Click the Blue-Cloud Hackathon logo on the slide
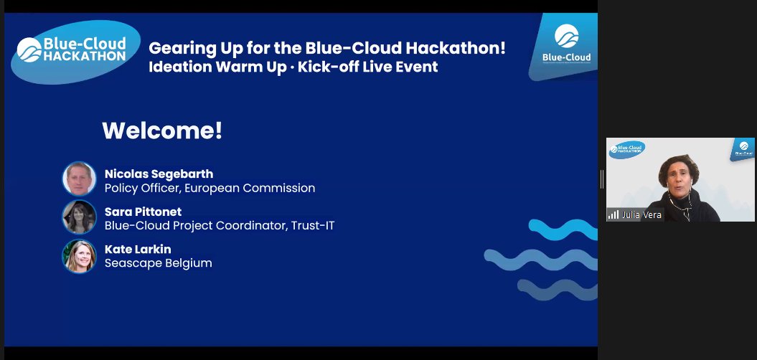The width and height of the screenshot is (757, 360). coord(75,51)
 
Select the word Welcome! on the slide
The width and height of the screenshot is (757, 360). coord(162,131)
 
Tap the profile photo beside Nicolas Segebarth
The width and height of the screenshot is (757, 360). coord(79,179)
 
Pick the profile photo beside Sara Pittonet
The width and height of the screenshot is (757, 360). coord(79,217)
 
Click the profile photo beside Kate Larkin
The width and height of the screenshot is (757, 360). coord(79,255)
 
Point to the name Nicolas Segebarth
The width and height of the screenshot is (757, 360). coord(159,174)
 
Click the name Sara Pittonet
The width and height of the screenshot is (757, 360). coord(143,212)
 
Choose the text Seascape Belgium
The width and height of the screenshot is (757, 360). coord(158,263)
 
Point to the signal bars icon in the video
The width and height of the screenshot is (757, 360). coord(613,214)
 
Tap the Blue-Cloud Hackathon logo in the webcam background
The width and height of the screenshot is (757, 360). coord(627,149)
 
